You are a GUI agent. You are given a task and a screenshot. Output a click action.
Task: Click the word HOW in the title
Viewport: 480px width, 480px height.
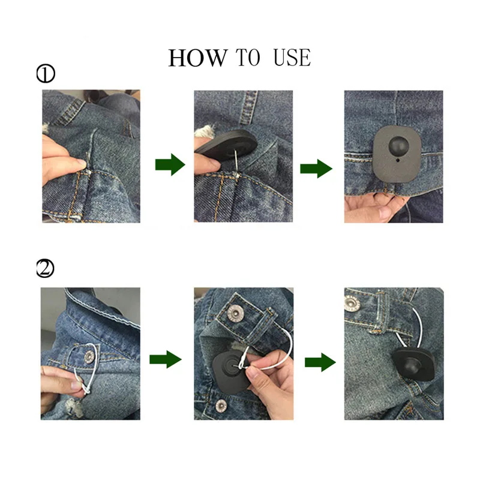[x=197, y=58]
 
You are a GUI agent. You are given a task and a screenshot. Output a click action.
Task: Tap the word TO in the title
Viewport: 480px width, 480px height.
[x=248, y=58]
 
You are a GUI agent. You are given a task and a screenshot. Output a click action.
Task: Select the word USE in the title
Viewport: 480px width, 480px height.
[x=292, y=58]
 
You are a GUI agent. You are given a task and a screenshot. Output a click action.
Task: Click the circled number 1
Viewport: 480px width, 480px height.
[x=46, y=74]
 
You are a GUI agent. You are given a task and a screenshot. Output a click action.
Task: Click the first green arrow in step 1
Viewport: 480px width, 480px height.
[x=170, y=164]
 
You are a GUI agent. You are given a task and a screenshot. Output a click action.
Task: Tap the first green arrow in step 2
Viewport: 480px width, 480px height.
[x=164, y=360]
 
